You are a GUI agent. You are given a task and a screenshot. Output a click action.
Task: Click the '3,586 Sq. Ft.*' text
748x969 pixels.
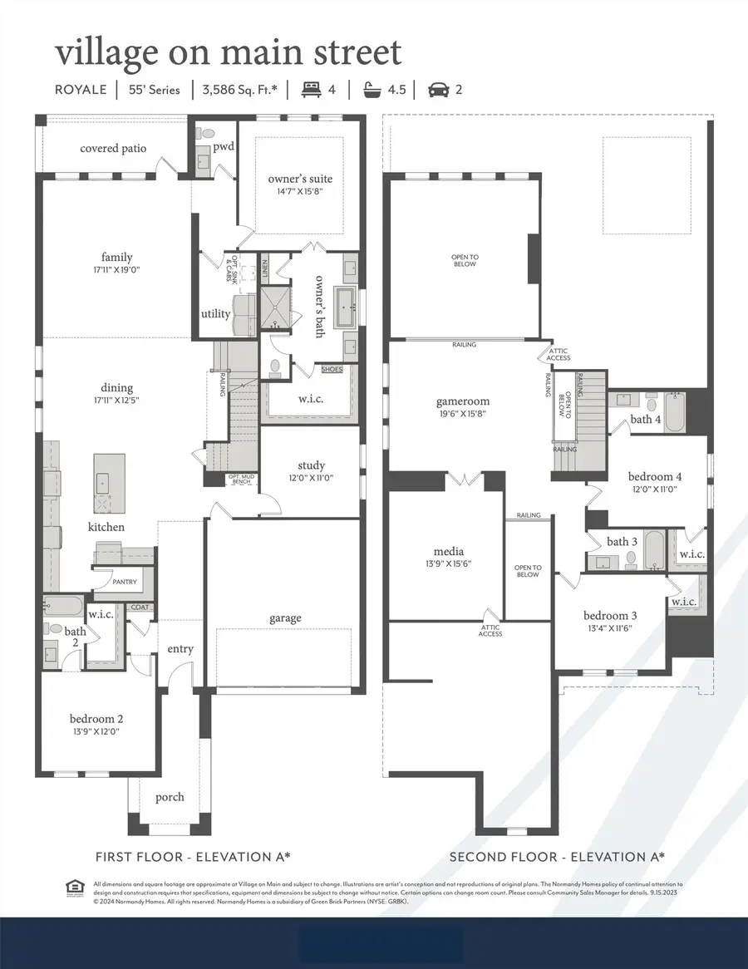pos(240,89)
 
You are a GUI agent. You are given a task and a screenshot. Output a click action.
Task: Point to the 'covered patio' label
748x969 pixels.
pos(113,149)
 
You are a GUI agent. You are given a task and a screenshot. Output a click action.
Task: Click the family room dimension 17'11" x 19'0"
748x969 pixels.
pos(117,270)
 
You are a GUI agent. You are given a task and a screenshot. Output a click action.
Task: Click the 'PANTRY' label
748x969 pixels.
pos(125,583)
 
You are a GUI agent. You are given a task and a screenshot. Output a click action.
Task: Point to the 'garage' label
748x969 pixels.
pos(284,617)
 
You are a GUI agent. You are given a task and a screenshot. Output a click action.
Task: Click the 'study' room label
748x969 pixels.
pos(311,465)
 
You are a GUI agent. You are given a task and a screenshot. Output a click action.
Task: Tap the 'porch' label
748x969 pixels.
pos(170,797)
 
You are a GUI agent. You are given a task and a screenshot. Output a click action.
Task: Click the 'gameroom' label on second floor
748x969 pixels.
pos(463,401)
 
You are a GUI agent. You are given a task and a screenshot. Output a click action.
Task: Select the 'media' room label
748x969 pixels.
pos(448,551)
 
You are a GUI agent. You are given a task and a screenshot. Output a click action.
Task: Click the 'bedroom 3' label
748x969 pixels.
pos(610,615)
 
